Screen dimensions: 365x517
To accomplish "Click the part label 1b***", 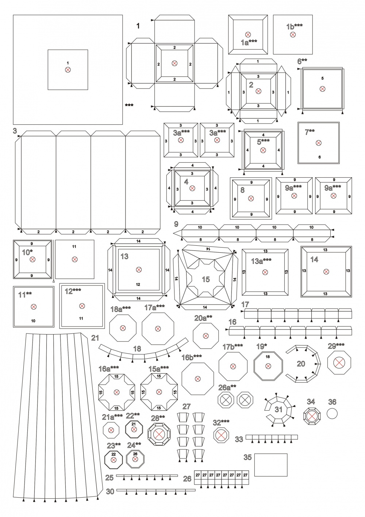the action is [295, 27].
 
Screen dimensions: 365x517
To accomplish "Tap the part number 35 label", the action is [248, 457].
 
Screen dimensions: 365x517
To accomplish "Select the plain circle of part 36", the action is [332, 414].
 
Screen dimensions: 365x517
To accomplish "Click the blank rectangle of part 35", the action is [271, 465].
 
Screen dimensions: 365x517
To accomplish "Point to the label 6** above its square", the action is [302, 61].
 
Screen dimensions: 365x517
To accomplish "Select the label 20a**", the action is [203, 318].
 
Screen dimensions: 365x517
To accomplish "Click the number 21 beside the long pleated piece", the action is [95, 338].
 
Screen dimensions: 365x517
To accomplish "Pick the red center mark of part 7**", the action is [318, 143].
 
